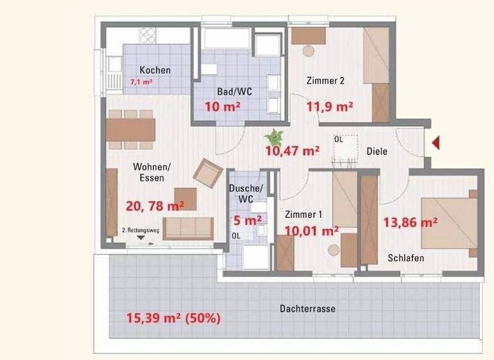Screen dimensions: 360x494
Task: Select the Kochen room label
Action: pyautogui.click(x=155, y=70)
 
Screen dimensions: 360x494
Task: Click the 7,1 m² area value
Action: pyautogui.click(x=141, y=82)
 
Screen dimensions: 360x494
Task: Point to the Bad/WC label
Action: pyautogui.click(x=222, y=92)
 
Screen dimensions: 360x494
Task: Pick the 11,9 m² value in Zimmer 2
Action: pyautogui.click(x=331, y=107)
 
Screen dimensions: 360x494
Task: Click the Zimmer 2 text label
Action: pyautogui.click(x=325, y=81)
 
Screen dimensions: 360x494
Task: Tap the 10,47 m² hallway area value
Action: pyautogui.click(x=293, y=152)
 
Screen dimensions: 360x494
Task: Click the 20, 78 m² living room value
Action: pyautogui.click(x=155, y=206)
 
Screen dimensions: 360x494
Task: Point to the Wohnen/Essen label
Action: pyautogui.click(x=149, y=172)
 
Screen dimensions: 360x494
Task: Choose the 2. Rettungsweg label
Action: pyautogui.click(x=140, y=230)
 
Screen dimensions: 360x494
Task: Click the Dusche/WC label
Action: pyautogui.click(x=246, y=194)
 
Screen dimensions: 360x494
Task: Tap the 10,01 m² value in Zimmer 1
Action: pyautogui.click(x=311, y=231)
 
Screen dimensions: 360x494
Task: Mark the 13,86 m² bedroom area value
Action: pyautogui.click(x=410, y=222)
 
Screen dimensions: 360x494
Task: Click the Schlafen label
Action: pyautogui.click(x=405, y=258)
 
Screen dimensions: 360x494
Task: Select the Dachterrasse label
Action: pyautogui.click(x=307, y=309)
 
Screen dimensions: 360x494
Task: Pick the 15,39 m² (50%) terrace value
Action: pyautogui.click(x=173, y=318)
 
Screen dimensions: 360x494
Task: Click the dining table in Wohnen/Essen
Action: pyautogui.click(x=131, y=129)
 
